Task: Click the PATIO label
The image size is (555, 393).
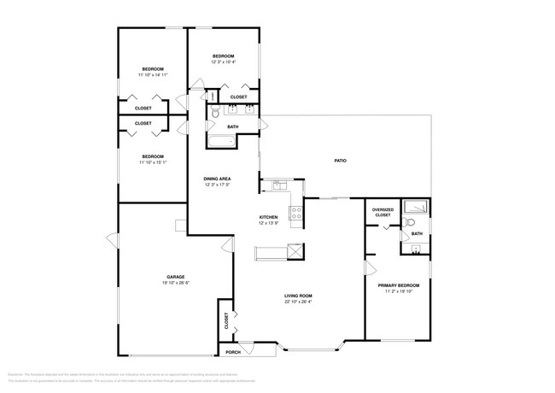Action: coord(339,161)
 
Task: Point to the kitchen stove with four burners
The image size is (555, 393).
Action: coord(296,213)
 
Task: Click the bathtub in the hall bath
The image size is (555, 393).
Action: coord(223,143)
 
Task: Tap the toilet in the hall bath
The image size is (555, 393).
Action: coord(214,112)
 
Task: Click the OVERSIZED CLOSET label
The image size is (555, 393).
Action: coord(382,213)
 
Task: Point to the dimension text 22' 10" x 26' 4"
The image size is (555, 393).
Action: coord(298,302)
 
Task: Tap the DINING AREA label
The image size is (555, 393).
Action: coord(217,179)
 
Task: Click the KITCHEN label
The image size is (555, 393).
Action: coord(269,218)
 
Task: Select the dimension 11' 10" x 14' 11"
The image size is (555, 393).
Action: coord(153,75)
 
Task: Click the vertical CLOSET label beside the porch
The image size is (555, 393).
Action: coord(226,321)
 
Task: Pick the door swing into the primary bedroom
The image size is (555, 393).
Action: coord(371,268)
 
